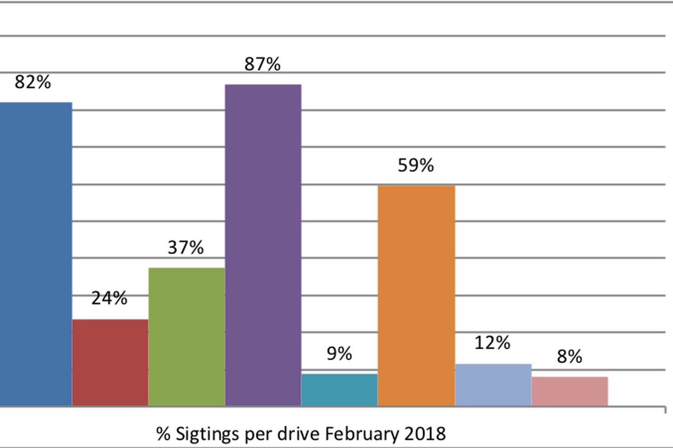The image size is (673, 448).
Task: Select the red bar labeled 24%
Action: [110, 362]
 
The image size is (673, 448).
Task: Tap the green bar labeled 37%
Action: [187, 337]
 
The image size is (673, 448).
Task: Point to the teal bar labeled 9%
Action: [339, 390]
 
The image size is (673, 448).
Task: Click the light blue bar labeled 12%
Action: [493, 384]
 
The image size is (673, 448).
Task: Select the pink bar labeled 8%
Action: [569, 391]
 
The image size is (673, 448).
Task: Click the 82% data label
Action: [33, 82]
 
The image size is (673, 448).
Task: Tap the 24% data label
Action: [109, 298]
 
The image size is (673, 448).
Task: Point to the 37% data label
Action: [186, 247]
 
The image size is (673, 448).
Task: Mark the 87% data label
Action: [262, 64]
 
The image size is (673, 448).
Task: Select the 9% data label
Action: [339, 353]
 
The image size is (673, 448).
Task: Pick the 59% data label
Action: [416, 165]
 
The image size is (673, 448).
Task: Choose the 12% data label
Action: [492, 343]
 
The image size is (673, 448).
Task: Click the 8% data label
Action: [569, 357]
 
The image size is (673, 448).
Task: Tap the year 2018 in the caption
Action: [426, 434]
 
